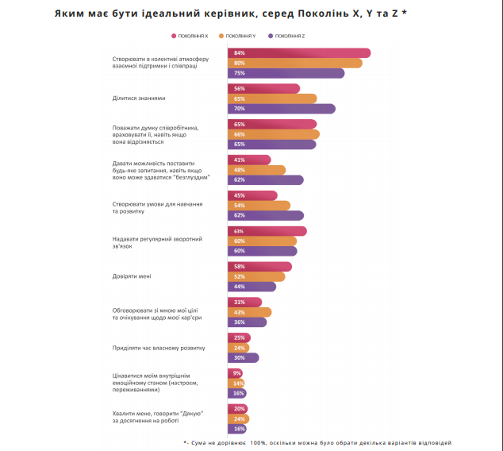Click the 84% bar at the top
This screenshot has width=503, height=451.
(x=299, y=53)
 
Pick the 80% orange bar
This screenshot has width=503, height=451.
(x=294, y=64)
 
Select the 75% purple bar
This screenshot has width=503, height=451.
(x=286, y=73)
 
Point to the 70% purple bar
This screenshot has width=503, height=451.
(x=281, y=109)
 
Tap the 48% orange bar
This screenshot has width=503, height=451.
(x=256, y=170)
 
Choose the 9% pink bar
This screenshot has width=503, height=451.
(x=236, y=373)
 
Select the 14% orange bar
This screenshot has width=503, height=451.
(x=237, y=384)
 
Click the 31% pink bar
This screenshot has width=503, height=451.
(x=244, y=303)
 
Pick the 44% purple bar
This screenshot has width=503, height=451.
(x=251, y=287)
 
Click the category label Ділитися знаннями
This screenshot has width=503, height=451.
(x=139, y=98)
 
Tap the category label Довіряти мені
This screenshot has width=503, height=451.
(x=132, y=276)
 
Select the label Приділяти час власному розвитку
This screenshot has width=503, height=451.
(x=159, y=347)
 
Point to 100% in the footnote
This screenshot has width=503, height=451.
(x=258, y=441)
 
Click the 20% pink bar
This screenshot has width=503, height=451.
(x=239, y=409)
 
